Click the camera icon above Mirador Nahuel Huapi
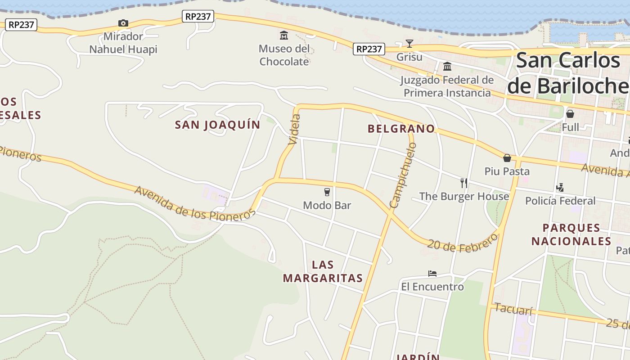(123, 23)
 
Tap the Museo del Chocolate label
(284, 55)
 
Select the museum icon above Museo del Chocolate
(284, 35)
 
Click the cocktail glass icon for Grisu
(409, 43)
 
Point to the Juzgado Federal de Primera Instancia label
(447, 86)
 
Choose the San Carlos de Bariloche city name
(568, 73)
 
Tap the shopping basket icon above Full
(570, 113)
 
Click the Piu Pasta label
(507, 171)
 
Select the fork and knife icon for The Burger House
(464, 183)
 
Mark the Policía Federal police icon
(560, 187)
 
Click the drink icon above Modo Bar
(327, 192)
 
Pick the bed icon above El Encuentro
(432, 273)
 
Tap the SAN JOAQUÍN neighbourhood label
(217, 125)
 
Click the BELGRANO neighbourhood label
(401, 129)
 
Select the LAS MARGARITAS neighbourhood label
(323, 271)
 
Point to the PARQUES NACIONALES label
(571, 234)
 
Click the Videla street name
(294, 130)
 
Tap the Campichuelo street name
(403, 175)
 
